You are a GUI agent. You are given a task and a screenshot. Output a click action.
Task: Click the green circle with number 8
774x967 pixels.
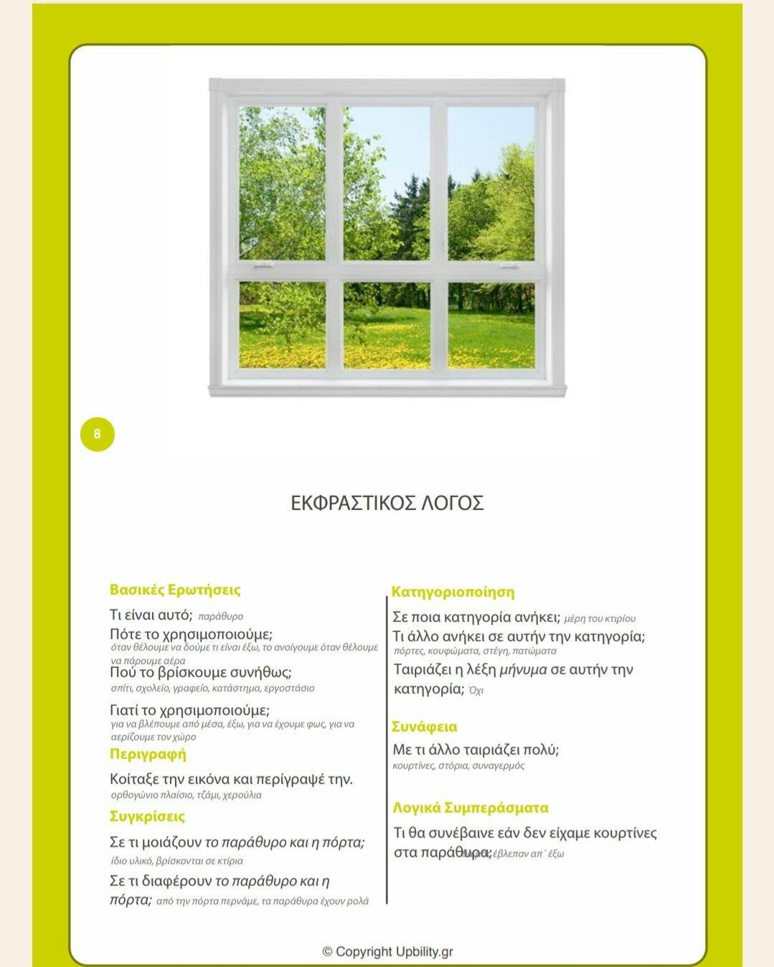tap(98, 434)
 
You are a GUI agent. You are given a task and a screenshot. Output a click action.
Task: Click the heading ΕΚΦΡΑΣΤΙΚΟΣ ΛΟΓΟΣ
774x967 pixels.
tap(387, 503)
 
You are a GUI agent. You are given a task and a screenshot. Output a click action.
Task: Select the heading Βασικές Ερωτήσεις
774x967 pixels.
tap(175, 590)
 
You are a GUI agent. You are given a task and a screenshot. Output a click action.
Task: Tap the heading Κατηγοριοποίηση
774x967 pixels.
tap(453, 593)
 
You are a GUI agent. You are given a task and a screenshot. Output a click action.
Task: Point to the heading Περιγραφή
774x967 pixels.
tap(148, 754)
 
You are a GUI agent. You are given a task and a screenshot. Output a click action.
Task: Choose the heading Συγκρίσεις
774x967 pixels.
tap(147, 816)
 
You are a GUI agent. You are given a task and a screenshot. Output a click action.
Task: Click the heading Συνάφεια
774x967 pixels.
tap(424, 727)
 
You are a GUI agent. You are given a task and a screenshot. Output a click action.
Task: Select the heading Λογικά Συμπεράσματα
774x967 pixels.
tap(471, 808)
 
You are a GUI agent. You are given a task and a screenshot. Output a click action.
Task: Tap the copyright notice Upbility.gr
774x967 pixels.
tap(387, 952)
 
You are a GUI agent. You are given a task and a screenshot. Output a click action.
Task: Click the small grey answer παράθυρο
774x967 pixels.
tap(220, 616)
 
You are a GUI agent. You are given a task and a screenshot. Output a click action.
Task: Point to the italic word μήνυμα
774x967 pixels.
tap(523, 670)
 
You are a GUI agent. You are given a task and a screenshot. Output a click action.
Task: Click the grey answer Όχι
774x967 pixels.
tap(476, 691)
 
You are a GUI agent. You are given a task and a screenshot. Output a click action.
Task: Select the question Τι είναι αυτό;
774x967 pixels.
tap(151, 615)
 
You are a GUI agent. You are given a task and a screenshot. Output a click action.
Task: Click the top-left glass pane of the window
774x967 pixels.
tap(282, 184)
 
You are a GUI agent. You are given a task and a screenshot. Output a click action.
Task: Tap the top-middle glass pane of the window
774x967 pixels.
tap(387, 184)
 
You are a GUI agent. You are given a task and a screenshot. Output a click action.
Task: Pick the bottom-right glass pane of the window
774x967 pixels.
tap(491, 325)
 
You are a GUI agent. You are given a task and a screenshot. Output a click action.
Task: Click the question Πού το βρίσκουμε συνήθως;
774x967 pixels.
tap(200, 673)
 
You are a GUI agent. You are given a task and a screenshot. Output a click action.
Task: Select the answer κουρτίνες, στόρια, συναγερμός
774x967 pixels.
tap(458, 766)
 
